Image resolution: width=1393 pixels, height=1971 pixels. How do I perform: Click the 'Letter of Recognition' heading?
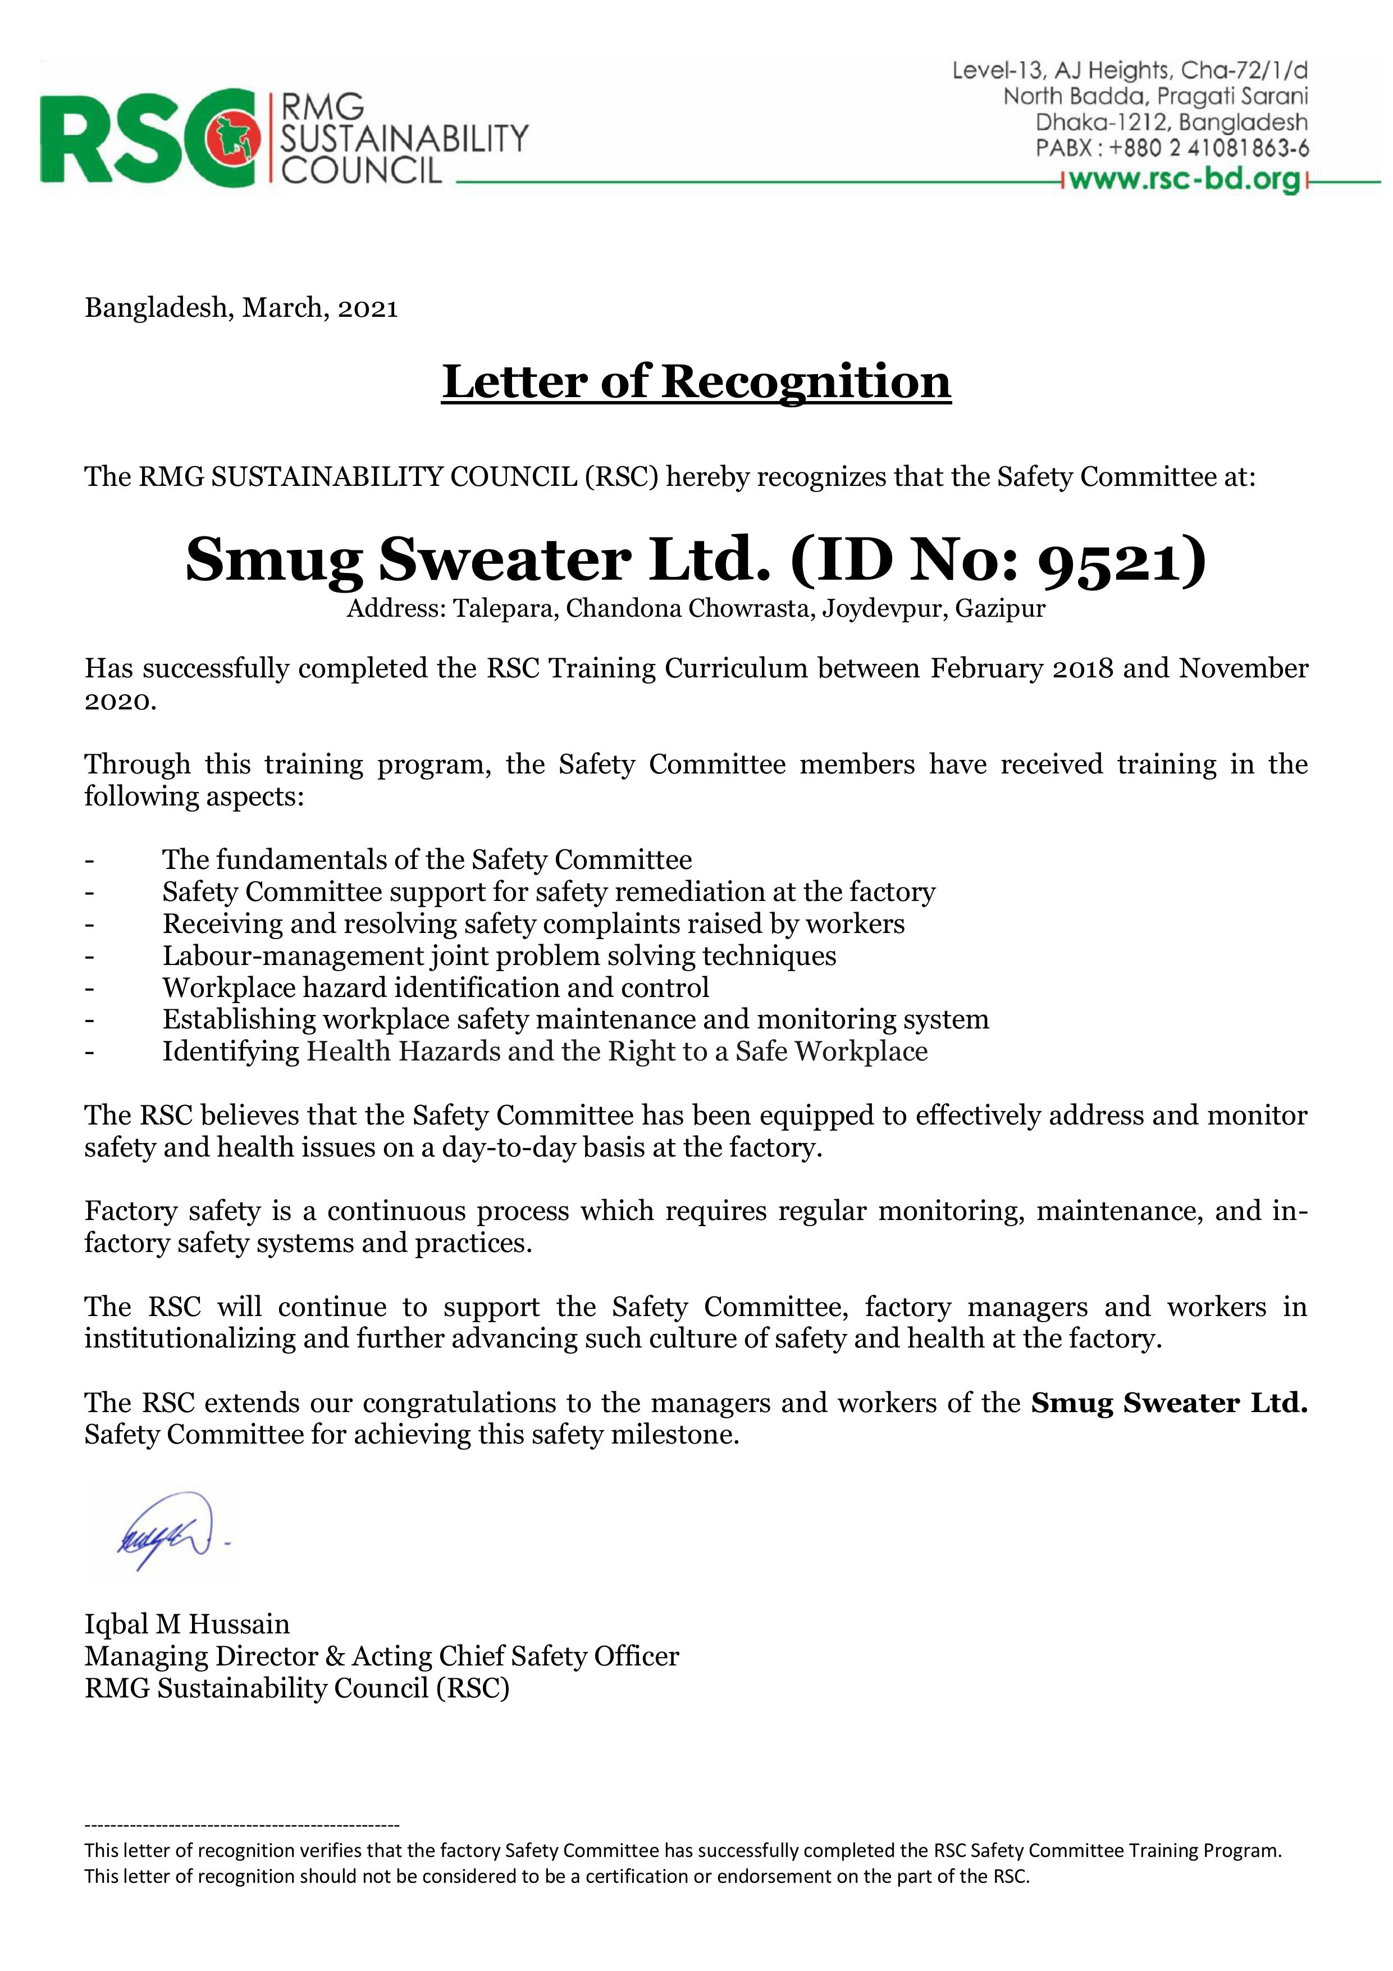696,382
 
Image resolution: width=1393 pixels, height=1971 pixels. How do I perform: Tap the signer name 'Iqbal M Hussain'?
187,1624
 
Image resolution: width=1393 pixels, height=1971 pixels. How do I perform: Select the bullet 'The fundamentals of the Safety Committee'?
427,859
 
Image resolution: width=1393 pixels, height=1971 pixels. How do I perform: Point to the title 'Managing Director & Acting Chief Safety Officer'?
382,1656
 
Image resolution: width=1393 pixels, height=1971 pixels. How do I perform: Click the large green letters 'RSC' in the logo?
129,138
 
